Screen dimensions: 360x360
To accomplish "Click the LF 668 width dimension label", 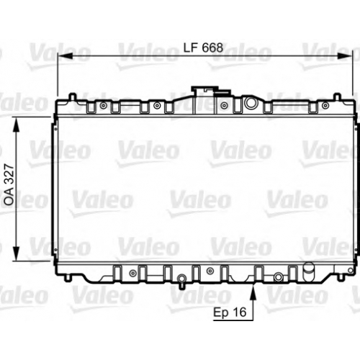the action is (203, 48).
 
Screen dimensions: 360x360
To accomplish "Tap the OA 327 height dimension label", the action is (9, 185).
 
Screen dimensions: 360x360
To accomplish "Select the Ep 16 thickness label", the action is (230, 312).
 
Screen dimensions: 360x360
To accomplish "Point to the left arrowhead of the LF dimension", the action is (66, 56).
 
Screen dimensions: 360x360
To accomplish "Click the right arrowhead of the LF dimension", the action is (345, 56).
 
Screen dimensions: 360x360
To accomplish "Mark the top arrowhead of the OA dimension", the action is (16, 125).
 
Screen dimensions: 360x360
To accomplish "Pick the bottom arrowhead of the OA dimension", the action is (16, 253).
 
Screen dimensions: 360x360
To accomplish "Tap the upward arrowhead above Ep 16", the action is (253, 292).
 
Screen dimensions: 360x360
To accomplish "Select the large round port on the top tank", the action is (251, 103).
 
